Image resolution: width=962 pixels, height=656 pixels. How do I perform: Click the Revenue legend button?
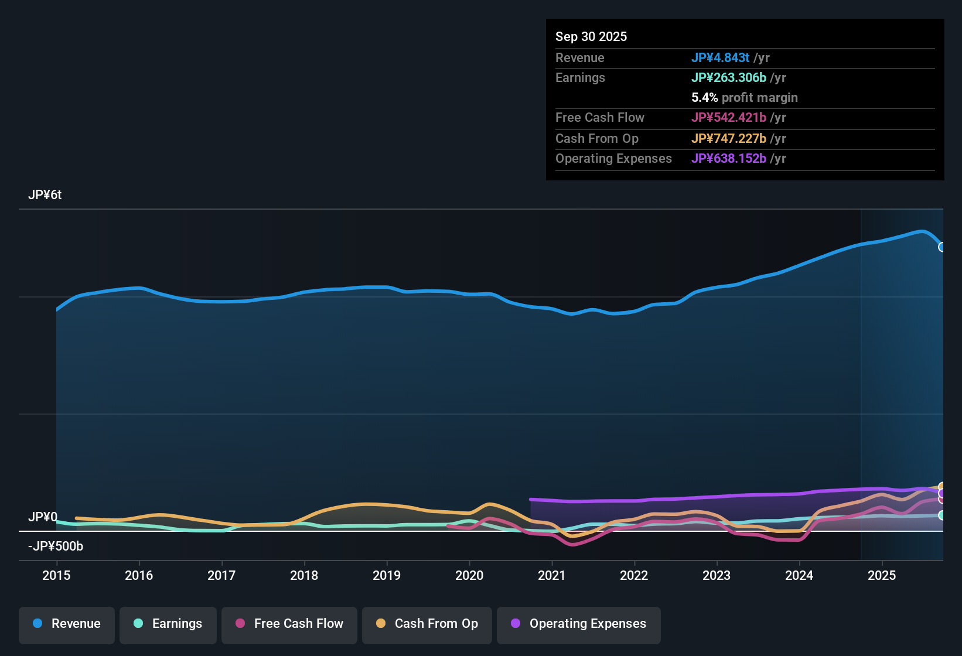pyautogui.click(x=67, y=624)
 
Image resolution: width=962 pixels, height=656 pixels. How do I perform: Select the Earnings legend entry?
pyautogui.click(x=168, y=624)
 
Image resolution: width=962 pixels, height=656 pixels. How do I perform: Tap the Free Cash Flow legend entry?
pyautogui.click(x=289, y=624)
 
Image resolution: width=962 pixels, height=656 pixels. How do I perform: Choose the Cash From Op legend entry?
pyautogui.click(x=427, y=624)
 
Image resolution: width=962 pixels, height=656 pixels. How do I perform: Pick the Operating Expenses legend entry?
pyautogui.click(x=579, y=624)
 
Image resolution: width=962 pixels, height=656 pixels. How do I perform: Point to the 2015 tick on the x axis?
pyautogui.click(x=56, y=575)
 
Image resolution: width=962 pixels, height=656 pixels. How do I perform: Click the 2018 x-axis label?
pyautogui.click(x=304, y=575)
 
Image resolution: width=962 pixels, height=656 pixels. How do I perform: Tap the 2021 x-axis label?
pyautogui.click(x=552, y=575)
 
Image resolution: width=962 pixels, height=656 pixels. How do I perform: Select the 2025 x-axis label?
pyautogui.click(x=882, y=575)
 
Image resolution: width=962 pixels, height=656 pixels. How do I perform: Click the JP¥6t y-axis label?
pyautogui.click(x=45, y=195)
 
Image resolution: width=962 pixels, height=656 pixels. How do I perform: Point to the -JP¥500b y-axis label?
pyautogui.click(x=56, y=546)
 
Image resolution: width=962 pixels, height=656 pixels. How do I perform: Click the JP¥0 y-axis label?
pyautogui.click(x=43, y=517)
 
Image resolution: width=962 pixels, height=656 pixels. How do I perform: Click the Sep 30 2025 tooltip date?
pyautogui.click(x=591, y=37)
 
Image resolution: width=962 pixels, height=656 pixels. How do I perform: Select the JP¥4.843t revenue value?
pyautogui.click(x=720, y=58)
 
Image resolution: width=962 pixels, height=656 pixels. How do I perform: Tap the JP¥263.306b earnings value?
pyautogui.click(x=728, y=78)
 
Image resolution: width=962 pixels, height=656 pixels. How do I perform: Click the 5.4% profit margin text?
pyautogui.click(x=744, y=98)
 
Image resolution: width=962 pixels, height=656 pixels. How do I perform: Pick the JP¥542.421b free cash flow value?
pyautogui.click(x=728, y=118)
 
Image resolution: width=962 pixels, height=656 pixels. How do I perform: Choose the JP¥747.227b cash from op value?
pyautogui.click(x=728, y=139)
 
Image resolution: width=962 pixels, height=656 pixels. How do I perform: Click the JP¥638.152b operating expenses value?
pyautogui.click(x=728, y=159)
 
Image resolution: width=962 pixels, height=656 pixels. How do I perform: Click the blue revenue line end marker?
pyautogui.click(x=941, y=247)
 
